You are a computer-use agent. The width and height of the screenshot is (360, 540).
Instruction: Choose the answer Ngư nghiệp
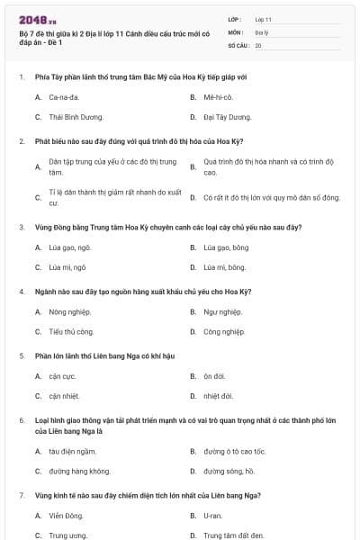click(222, 311)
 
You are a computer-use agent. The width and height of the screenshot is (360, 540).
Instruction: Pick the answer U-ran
click(212, 516)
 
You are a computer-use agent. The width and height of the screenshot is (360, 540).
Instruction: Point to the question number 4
click(20, 292)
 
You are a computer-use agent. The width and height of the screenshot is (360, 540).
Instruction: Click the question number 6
click(20, 420)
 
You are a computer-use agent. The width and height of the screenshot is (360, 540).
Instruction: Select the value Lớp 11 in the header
click(263, 19)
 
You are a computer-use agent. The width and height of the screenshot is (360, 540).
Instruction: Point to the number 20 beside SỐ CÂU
click(258, 44)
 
